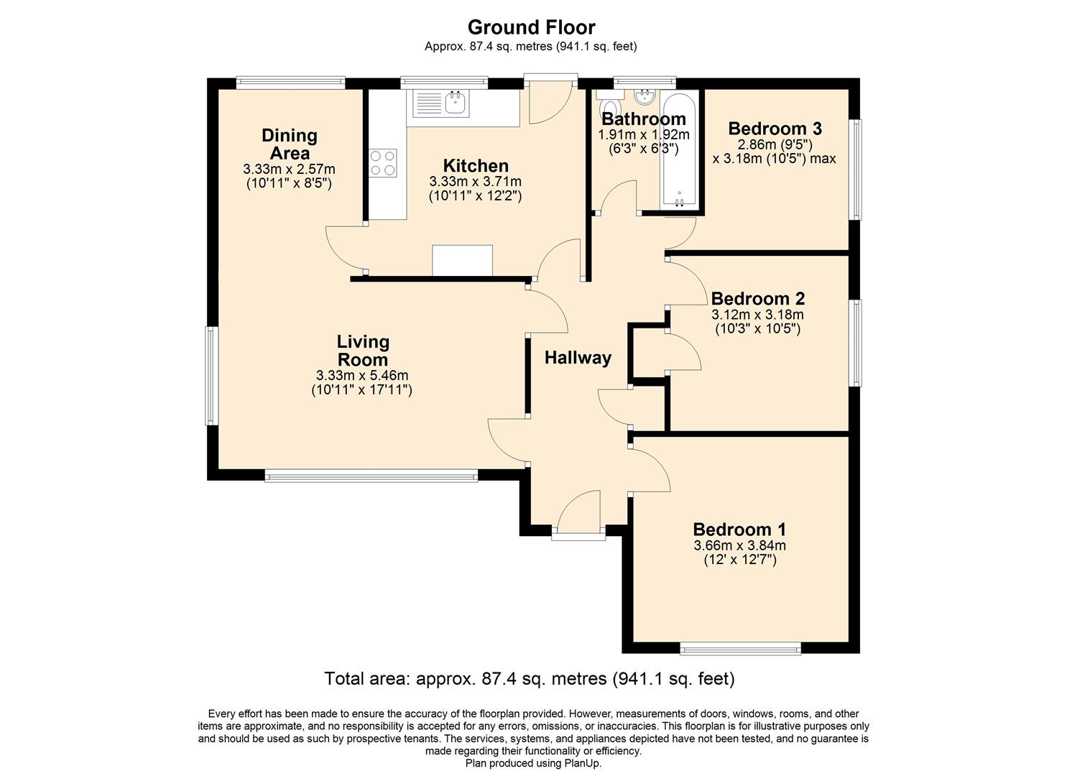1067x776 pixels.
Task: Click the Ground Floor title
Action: pyautogui.click(x=531, y=27)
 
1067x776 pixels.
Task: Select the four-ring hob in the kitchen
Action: pyautogui.click(x=382, y=162)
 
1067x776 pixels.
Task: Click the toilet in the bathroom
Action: pyautogui.click(x=606, y=105)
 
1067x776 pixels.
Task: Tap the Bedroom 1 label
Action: pyautogui.click(x=739, y=530)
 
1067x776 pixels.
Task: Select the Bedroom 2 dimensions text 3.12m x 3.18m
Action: pyautogui.click(x=757, y=315)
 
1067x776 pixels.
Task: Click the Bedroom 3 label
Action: pyautogui.click(x=775, y=129)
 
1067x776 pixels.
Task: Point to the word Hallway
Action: pyautogui.click(x=578, y=358)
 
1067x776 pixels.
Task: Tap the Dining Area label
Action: pyautogui.click(x=289, y=144)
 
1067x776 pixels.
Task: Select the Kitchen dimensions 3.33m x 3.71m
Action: pyautogui.click(x=475, y=181)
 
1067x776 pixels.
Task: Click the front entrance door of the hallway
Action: pyautogui.click(x=578, y=514)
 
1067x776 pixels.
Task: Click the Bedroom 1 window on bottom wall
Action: pyautogui.click(x=740, y=649)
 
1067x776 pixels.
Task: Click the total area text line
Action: pyautogui.click(x=529, y=678)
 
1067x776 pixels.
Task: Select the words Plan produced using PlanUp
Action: pyautogui.click(x=533, y=763)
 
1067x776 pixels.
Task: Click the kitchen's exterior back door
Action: pyautogui.click(x=550, y=101)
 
